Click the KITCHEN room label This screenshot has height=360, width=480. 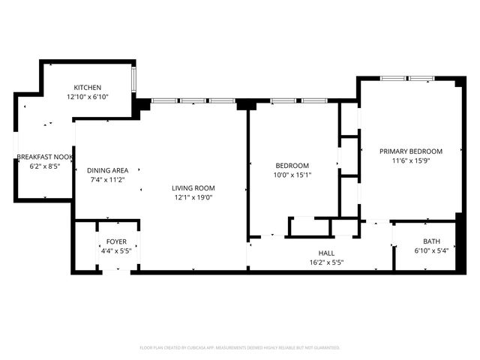tap(87, 88)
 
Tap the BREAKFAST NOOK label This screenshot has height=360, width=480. tap(45, 157)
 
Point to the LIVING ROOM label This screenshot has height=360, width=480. tap(193, 188)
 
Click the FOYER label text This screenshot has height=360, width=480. tap(116, 241)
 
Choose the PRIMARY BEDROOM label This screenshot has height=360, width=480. tap(410, 151)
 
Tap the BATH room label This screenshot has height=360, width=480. tap(431, 241)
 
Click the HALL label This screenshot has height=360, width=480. tap(326, 253)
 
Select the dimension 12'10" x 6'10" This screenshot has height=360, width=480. tap(88, 97)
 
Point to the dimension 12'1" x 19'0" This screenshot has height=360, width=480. tap(193, 198)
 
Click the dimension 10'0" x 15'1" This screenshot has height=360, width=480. tap(292, 175)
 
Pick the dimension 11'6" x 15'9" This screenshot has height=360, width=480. tap(411, 160)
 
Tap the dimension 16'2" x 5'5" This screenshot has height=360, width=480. tap(326, 263)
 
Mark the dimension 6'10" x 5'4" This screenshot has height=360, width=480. tap(431, 251)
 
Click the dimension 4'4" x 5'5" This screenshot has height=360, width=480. tap(116, 251)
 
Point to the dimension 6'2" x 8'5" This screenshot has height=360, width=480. tap(45, 166)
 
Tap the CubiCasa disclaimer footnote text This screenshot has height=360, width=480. tap(240, 348)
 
